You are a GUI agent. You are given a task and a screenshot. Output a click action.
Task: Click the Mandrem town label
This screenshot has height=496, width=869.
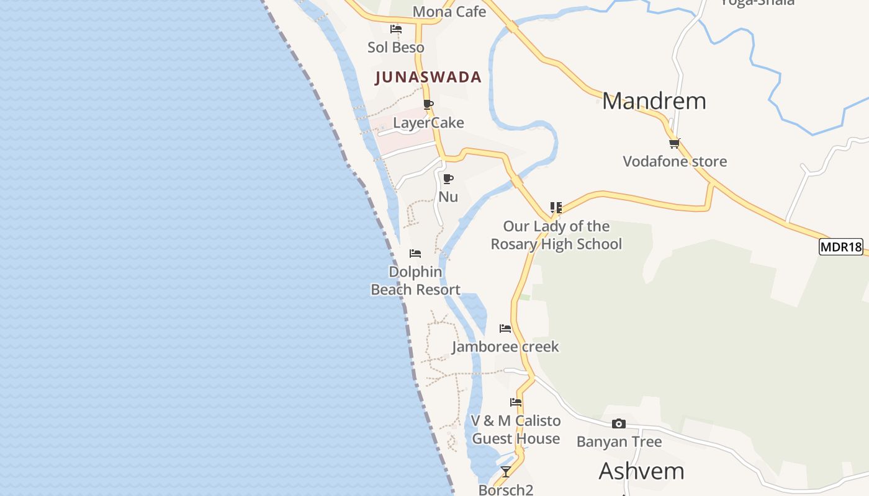pyautogui.click(x=654, y=101)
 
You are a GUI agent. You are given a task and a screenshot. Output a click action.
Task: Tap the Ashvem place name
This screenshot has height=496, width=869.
pyautogui.click(x=641, y=471)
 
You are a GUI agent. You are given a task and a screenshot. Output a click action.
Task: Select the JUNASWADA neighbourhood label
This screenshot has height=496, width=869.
pyautogui.click(x=428, y=77)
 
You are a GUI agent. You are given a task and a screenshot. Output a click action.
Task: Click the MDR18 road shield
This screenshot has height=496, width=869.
pyautogui.click(x=841, y=247)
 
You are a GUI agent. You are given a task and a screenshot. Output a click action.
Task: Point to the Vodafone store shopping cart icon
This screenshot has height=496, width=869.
pyautogui.click(x=675, y=143)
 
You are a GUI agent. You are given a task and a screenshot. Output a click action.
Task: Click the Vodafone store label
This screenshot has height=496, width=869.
pyautogui.click(x=675, y=162)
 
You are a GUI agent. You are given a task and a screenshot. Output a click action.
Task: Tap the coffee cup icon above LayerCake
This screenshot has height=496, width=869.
pyautogui.click(x=428, y=104)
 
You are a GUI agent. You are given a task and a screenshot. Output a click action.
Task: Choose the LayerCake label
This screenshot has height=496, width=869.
pyautogui.click(x=428, y=123)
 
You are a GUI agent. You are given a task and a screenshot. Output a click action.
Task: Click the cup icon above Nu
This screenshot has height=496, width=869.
pyautogui.click(x=448, y=179)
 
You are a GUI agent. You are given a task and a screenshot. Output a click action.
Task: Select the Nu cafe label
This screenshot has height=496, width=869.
pyautogui.click(x=448, y=197)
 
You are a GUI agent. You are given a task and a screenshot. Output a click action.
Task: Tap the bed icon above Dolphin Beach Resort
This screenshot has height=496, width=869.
pyautogui.click(x=415, y=254)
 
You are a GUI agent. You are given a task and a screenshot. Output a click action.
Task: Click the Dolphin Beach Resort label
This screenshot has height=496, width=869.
pyautogui.click(x=416, y=281)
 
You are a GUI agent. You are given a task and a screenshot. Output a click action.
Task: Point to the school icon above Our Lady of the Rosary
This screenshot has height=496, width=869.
pyautogui.click(x=556, y=208)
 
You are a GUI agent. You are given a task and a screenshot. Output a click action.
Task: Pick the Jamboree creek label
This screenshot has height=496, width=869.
pyautogui.click(x=505, y=347)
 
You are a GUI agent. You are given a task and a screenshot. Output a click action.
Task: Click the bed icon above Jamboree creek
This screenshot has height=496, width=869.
pyautogui.click(x=505, y=329)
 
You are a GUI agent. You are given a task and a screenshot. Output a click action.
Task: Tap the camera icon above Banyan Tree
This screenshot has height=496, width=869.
pyautogui.click(x=619, y=424)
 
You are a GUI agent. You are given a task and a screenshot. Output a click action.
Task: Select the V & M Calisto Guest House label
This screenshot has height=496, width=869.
pyautogui.click(x=516, y=430)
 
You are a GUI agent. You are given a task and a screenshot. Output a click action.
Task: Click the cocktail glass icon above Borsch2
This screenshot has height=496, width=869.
pyautogui.click(x=506, y=472)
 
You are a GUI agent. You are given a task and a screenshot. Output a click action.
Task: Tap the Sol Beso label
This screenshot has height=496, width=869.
pyautogui.click(x=396, y=48)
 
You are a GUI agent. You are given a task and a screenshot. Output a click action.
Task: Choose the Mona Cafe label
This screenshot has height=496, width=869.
pyautogui.click(x=449, y=12)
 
